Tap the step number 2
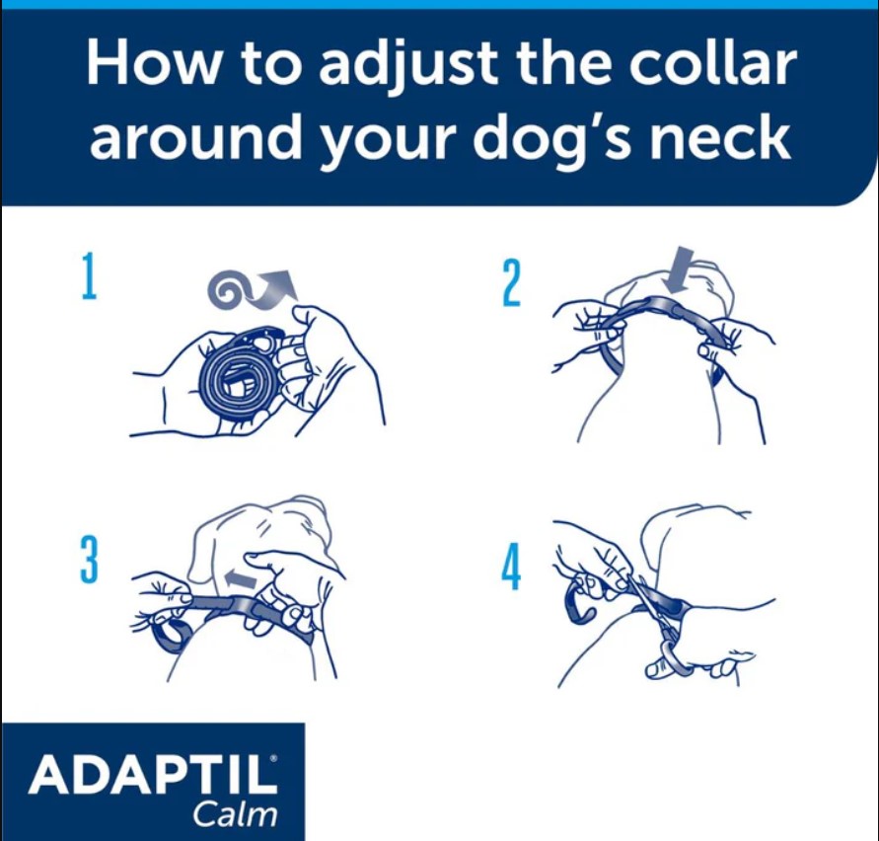511,284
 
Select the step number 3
90,562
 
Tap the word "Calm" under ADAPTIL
235,816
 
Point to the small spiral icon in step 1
229,287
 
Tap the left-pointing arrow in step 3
237,574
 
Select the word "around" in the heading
197,139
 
